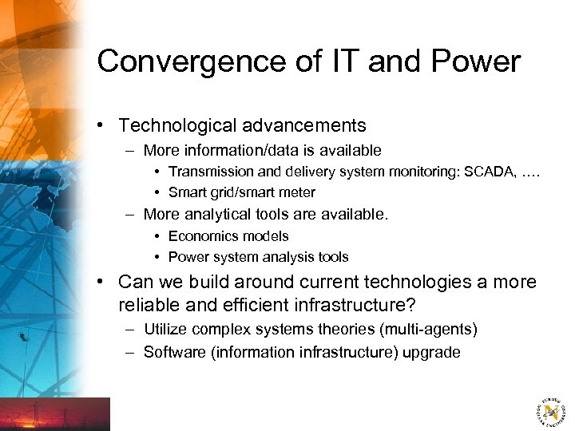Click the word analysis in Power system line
pyautogui.click(x=285, y=257)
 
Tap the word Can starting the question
pyautogui.click(x=134, y=282)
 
